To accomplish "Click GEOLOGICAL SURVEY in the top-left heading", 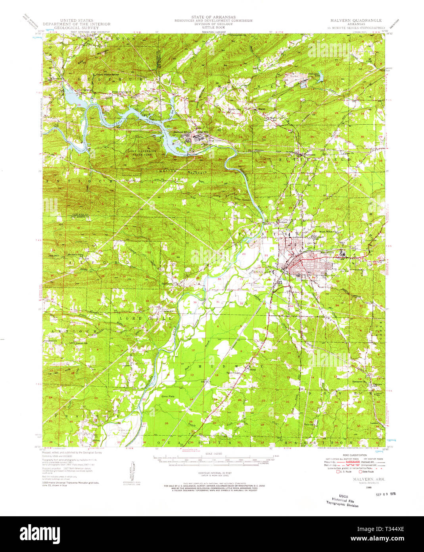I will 77,28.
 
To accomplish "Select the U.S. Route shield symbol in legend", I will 338,472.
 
